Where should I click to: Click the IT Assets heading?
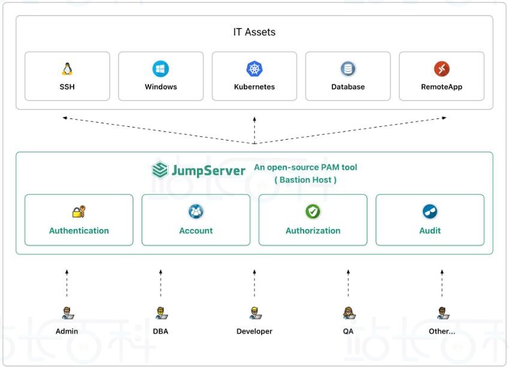click(x=254, y=32)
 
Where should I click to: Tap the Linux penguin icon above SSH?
click(x=67, y=69)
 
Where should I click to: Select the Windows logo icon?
click(x=160, y=69)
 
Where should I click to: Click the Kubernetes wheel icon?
click(x=255, y=69)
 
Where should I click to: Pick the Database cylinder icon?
click(x=348, y=69)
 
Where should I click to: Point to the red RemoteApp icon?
click(x=441, y=69)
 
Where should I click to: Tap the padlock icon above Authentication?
click(x=79, y=212)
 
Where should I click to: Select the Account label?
click(x=196, y=231)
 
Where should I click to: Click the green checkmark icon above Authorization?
click(x=313, y=212)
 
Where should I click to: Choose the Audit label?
click(x=430, y=231)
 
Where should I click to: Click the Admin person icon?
click(x=67, y=313)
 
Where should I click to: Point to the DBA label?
click(x=160, y=331)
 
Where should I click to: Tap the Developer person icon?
click(x=255, y=313)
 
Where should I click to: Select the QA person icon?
click(x=348, y=313)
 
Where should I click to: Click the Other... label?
click(x=442, y=331)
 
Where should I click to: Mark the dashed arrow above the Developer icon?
click(x=255, y=283)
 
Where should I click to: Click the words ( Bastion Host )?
click(x=305, y=179)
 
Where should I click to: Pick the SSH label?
click(x=67, y=87)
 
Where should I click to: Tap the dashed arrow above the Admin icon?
click(x=67, y=283)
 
